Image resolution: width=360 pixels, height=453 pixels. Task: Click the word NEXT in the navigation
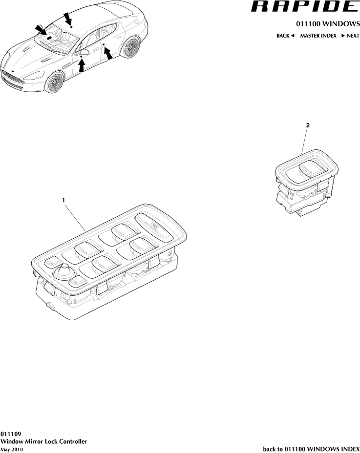(x=353, y=36)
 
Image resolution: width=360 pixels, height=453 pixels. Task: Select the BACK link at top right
(x=283, y=36)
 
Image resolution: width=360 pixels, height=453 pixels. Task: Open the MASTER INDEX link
(x=318, y=36)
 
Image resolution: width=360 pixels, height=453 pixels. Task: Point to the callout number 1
(x=63, y=200)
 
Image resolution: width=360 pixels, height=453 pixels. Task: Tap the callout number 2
(x=307, y=125)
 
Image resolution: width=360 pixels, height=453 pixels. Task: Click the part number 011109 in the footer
(x=10, y=433)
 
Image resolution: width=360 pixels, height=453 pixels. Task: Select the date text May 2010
(x=12, y=449)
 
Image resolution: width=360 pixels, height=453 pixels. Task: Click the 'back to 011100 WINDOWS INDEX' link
(x=311, y=449)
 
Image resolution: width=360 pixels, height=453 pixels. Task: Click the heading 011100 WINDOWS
(x=328, y=24)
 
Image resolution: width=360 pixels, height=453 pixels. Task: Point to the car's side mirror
(x=85, y=52)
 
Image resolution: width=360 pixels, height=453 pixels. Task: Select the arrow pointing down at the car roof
(x=68, y=18)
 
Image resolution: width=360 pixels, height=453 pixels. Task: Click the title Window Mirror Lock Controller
(x=44, y=441)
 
